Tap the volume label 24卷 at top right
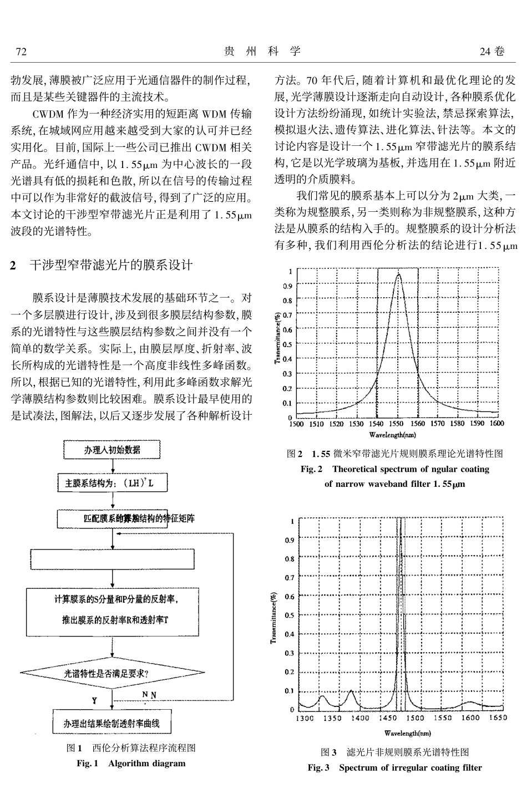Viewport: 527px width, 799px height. pos(493,52)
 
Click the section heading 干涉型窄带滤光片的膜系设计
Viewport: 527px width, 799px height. pos(110,265)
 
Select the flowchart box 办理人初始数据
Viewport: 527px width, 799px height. pos(112,450)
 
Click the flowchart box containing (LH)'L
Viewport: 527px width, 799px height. pos(113,483)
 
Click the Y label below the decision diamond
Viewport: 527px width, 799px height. pos(94,700)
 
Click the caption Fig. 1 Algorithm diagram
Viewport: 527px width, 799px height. pos(131,764)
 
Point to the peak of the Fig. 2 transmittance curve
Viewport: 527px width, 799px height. pos(398,274)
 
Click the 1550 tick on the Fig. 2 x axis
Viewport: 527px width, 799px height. pos(398,424)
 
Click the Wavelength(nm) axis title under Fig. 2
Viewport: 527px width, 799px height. pos(394,434)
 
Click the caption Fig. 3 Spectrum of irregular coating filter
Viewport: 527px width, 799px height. pos(394,767)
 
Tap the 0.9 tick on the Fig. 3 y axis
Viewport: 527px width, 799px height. pos(290,540)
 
